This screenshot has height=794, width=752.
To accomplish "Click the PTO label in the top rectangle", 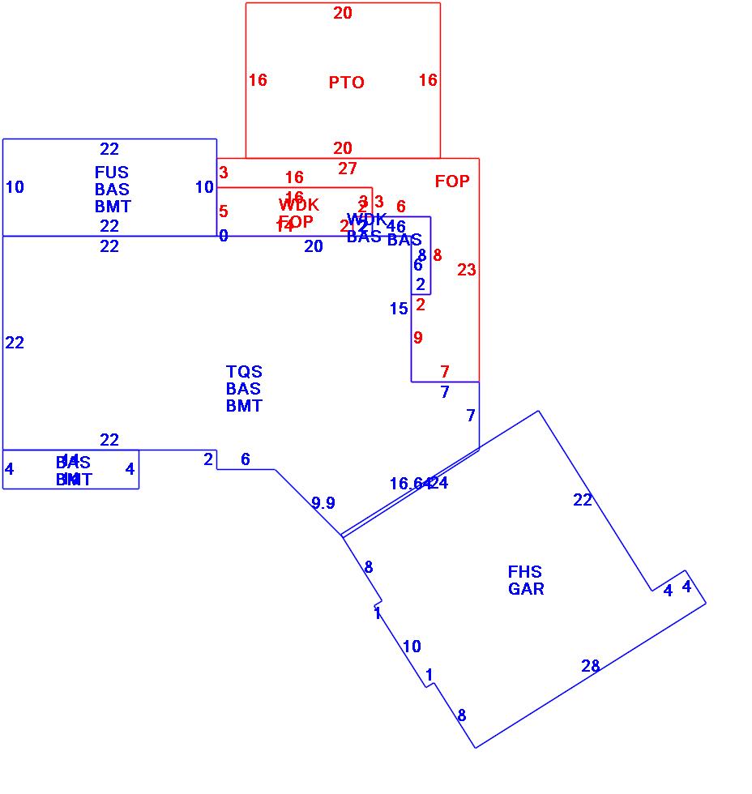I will [346, 83].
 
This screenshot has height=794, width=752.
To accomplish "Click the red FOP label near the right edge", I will [452, 181].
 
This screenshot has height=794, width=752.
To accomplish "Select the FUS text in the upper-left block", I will [111, 173].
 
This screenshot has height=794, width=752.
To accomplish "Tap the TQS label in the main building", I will [244, 372].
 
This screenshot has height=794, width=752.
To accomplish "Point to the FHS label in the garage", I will [525, 572].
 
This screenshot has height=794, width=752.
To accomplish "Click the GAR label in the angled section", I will [526, 589].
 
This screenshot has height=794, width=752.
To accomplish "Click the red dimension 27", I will [348, 169].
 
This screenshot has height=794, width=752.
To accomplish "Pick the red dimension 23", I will [467, 271].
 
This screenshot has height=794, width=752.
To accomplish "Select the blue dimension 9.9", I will [323, 503].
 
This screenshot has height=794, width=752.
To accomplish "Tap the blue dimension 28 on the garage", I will [591, 667].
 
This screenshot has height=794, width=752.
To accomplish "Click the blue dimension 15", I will [399, 309].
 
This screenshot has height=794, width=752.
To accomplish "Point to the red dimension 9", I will [418, 338].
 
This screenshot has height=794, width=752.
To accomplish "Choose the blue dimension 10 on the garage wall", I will [412, 647].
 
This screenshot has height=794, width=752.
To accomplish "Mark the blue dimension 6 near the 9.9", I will [246, 459].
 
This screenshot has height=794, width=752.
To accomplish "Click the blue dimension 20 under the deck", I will [314, 247].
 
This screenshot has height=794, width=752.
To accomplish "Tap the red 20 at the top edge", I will [343, 13].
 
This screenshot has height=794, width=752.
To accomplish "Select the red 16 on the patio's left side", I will [258, 80].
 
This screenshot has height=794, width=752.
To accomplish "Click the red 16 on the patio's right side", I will [428, 80].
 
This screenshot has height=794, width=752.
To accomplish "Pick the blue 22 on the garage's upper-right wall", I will [583, 500].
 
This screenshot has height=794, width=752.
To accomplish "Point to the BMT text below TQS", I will [244, 406].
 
